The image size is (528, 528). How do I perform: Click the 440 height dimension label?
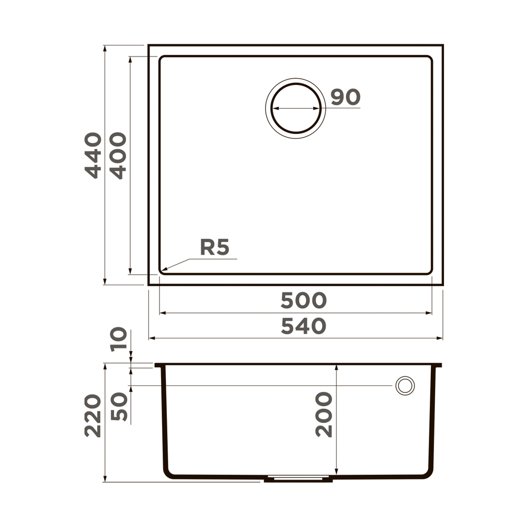point(93,155)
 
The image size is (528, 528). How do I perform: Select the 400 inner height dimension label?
point(118,155)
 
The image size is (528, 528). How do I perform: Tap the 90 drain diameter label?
point(345,97)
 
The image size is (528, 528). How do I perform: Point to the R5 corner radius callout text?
point(214,247)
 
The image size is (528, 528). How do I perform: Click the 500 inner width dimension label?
point(303,300)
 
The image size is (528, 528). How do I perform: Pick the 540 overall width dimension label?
point(303,326)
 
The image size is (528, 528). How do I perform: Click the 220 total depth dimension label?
point(93,416)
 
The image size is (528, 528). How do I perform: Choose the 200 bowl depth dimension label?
point(324,414)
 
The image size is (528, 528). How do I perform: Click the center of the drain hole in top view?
point(296,108)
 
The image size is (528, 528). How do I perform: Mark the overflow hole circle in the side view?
point(405,385)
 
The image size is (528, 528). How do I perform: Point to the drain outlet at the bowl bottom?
point(298,479)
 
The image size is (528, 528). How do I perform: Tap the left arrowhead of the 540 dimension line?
point(149,338)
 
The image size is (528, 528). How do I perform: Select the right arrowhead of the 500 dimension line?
point(431,313)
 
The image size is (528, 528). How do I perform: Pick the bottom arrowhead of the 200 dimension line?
point(336,473)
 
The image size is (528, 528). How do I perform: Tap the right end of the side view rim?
point(440,365)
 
